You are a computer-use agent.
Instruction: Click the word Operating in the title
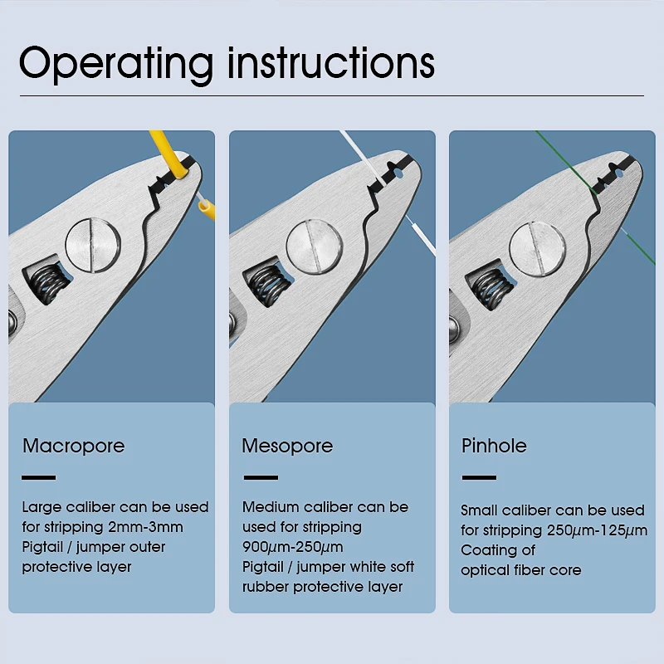pyautogui.click(x=116, y=63)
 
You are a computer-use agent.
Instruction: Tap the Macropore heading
pyautogui.click(x=74, y=446)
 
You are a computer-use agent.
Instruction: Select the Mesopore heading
pyautogui.click(x=287, y=446)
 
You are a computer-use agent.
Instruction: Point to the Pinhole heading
pyautogui.click(x=494, y=446)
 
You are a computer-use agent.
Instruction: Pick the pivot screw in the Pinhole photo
pyautogui.click(x=536, y=248)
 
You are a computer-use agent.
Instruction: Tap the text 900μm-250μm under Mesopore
pyautogui.click(x=293, y=547)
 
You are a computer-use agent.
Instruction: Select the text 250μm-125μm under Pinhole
pyautogui.click(x=596, y=530)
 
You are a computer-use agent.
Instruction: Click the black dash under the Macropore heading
pyautogui.click(x=39, y=477)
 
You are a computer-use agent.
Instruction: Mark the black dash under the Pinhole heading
pyautogui.click(x=479, y=477)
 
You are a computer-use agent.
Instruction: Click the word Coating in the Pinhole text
pyautogui.click(x=486, y=550)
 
